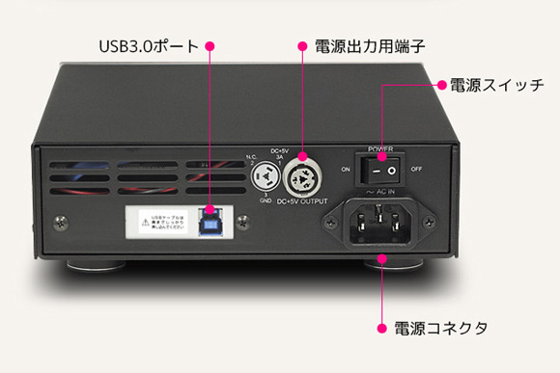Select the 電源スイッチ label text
click(x=497, y=85)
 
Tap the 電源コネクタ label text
click(x=440, y=328)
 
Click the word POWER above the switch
click(x=380, y=149)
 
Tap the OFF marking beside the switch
click(x=416, y=169)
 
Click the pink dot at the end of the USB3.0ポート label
click(x=210, y=45)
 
